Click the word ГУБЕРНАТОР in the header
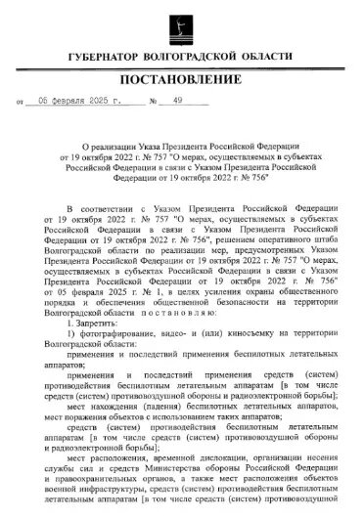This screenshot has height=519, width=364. (x=111, y=61)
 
